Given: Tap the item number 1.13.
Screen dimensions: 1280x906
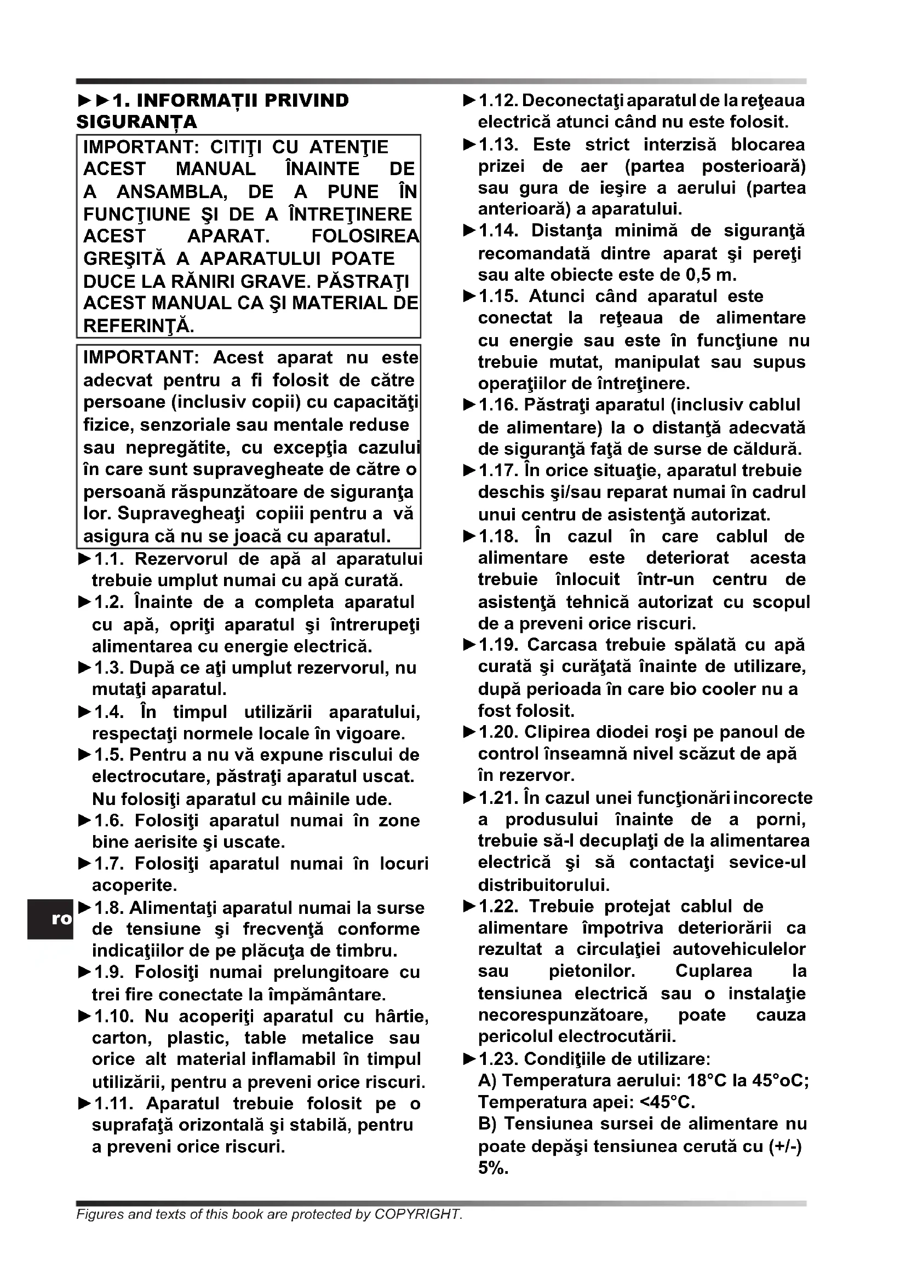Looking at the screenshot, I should (x=498, y=145).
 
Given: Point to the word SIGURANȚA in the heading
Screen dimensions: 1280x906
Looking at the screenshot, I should (x=137, y=122).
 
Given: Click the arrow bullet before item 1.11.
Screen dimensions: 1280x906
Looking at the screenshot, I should (x=84, y=1104).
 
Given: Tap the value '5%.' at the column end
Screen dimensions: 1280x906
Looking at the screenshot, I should (x=493, y=1168).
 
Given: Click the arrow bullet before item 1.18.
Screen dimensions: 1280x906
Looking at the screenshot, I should (x=470, y=536).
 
